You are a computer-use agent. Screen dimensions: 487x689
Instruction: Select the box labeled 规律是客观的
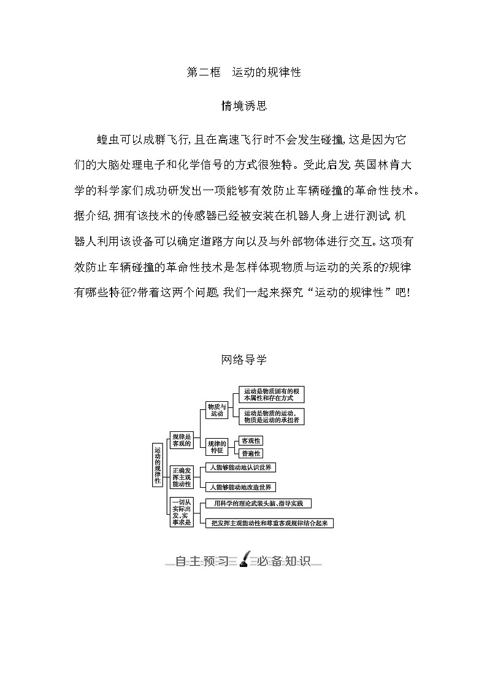coord(182,439)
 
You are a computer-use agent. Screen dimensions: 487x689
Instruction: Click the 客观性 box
coord(251,441)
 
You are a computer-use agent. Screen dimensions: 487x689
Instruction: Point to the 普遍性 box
coord(251,453)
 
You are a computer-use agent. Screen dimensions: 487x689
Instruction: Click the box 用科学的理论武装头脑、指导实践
coord(258,504)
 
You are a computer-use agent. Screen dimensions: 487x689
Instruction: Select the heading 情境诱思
coord(243,106)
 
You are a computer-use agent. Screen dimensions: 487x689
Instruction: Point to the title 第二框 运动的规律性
coord(243,72)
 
